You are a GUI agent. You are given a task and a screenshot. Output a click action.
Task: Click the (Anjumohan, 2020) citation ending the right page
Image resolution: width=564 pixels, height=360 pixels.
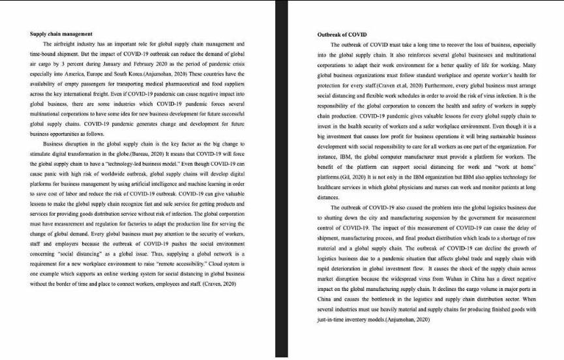click(408, 321)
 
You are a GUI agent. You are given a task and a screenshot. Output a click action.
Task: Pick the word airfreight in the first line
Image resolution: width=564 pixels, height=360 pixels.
click(66, 43)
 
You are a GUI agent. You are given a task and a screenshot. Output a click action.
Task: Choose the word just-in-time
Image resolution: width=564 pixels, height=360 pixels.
click(332, 321)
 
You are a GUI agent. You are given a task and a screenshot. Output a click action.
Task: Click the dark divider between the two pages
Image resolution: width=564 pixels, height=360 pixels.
click(281, 179)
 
